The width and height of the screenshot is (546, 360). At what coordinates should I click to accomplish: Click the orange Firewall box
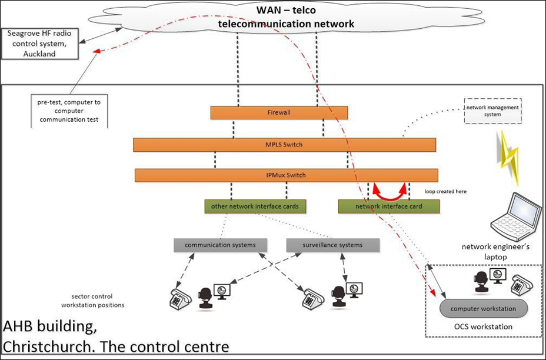tap(279, 112)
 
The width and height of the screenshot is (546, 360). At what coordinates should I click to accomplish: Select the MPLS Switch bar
tap(284, 145)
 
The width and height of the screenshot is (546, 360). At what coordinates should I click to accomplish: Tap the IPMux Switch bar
tap(286, 175)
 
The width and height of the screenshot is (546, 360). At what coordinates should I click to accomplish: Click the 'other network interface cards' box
tap(255, 206)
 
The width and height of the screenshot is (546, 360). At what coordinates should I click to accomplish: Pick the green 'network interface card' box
tap(388, 206)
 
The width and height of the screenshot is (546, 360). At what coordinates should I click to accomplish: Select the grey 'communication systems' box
tap(220, 245)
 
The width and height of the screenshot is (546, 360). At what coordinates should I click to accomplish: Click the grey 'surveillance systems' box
tap(333, 245)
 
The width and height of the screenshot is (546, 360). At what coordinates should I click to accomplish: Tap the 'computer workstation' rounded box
tap(483, 309)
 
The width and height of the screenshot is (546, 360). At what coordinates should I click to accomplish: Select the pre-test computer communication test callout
tap(65, 111)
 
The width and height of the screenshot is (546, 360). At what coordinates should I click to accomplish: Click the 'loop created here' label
tap(445, 192)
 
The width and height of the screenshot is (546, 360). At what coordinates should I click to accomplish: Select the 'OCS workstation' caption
tap(484, 326)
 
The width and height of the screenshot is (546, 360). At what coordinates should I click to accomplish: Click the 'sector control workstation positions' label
tap(92, 301)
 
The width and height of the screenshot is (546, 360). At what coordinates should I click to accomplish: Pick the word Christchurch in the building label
tap(38, 345)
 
